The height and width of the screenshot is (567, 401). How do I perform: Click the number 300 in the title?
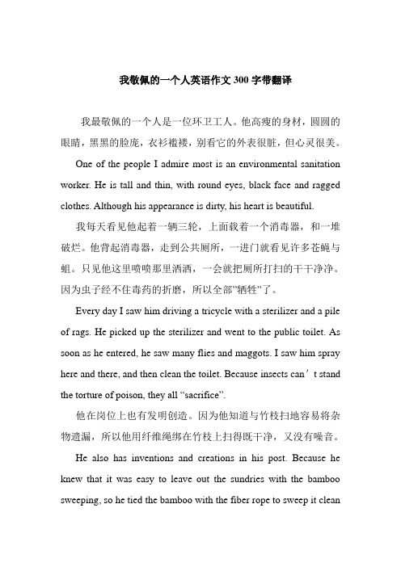[242, 81]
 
